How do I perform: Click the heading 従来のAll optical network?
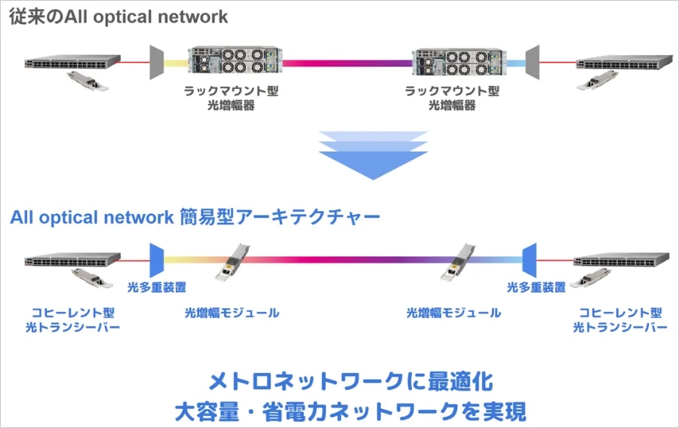(x=118, y=17)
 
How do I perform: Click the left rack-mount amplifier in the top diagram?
(x=235, y=60)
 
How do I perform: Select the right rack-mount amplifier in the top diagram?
(x=458, y=63)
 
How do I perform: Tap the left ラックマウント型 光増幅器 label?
(x=231, y=98)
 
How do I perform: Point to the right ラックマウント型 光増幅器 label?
(x=452, y=98)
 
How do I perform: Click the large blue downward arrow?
(x=373, y=155)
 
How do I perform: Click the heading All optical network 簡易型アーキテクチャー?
(x=195, y=217)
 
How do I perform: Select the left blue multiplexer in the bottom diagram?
(x=156, y=260)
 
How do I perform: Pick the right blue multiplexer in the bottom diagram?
(x=529, y=260)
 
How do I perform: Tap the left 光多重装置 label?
(x=157, y=288)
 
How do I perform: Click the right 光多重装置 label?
(x=536, y=288)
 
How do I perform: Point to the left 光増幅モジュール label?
(x=232, y=313)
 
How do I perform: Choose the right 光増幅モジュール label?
(x=453, y=313)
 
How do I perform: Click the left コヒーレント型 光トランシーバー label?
(x=72, y=320)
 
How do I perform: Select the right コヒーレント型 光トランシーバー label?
(x=620, y=320)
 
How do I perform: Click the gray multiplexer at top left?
(x=156, y=63)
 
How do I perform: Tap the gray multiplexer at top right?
(x=532, y=63)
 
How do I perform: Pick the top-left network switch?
(x=72, y=62)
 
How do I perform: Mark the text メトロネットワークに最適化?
(x=351, y=381)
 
